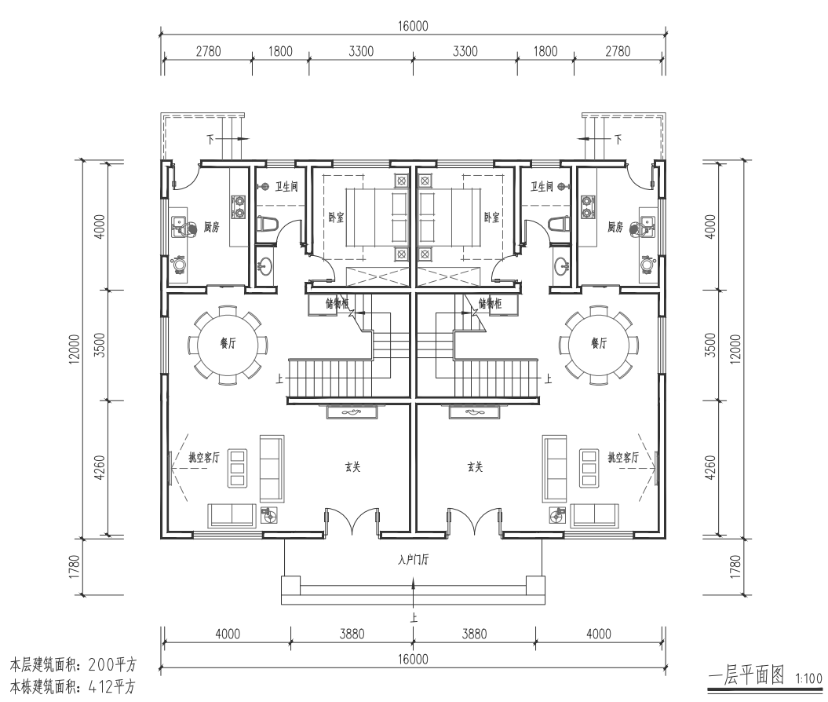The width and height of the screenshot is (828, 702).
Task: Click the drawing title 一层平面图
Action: (x=746, y=675)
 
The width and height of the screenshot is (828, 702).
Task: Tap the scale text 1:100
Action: (x=808, y=678)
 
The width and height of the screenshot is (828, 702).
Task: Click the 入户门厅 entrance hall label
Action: (x=413, y=560)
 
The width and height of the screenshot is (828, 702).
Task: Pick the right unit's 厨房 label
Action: (x=615, y=227)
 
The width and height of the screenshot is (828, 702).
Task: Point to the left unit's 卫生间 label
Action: (x=286, y=186)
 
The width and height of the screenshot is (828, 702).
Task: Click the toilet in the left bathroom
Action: (x=267, y=224)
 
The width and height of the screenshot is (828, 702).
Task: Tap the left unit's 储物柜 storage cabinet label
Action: (x=337, y=303)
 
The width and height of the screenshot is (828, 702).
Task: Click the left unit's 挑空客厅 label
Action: (x=204, y=458)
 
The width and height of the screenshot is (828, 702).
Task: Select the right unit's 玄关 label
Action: (x=475, y=467)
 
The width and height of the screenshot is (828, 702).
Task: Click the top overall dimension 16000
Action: (x=413, y=26)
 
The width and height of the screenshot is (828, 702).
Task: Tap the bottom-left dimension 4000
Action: (x=228, y=634)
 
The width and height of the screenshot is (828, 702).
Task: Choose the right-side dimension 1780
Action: (x=735, y=566)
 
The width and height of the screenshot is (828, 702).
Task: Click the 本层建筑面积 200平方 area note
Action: (x=74, y=664)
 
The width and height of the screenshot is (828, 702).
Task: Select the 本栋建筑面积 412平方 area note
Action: (x=74, y=687)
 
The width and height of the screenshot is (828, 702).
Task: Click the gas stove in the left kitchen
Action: (x=239, y=207)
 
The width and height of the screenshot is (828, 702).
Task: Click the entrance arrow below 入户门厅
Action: (x=413, y=593)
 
